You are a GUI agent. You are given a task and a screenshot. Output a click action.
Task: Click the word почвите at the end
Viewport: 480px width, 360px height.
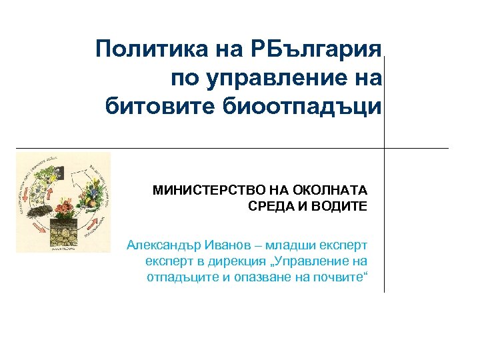click(341, 277)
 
